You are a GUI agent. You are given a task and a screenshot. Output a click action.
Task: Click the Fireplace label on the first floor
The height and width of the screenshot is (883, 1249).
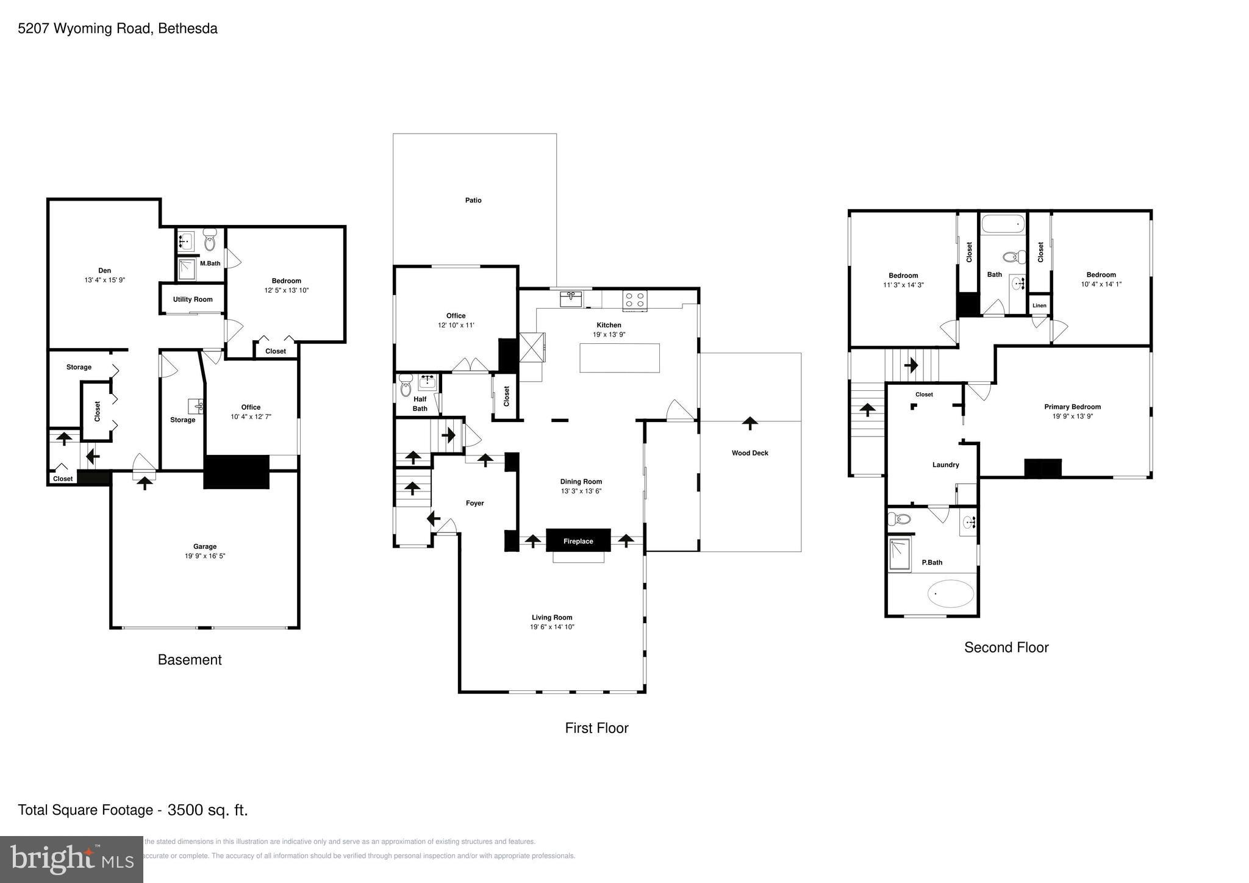(x=578, y=541)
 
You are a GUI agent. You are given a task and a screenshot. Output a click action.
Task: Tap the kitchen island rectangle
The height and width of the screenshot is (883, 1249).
(x=619, y=358)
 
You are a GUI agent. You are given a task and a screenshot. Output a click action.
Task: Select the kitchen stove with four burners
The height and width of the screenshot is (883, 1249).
(x=634, y=300)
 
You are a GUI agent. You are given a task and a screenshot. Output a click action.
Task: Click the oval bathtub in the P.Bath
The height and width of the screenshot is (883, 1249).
(x=950, y=593)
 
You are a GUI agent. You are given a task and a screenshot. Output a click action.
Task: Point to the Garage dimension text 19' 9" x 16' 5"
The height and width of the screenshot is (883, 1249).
(x=205, y=556)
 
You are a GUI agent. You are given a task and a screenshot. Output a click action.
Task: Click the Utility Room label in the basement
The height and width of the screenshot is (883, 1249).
(x=193, y=299)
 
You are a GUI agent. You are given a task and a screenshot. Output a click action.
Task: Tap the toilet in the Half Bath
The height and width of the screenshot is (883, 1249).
(x=406, y=386)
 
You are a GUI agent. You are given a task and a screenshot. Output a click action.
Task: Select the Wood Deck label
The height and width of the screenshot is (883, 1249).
(x=750, y=453)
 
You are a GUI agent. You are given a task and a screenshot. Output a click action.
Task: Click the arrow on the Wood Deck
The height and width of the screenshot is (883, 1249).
(x=750, y=423)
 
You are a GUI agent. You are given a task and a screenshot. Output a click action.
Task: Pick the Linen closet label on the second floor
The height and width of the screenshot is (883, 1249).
(x=1039, y=306)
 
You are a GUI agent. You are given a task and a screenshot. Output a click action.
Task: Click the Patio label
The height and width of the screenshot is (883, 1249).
(x=473, y=200)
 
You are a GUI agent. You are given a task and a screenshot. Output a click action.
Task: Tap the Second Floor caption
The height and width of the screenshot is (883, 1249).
(x=1006, y=648)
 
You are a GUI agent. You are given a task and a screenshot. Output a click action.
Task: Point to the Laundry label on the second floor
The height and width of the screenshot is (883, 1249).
(x=945, y=465)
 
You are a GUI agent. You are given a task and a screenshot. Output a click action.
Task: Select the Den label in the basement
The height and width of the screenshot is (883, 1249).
(x=105, y=271)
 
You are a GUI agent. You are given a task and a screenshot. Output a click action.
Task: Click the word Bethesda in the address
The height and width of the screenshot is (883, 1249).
(x=188, y=29)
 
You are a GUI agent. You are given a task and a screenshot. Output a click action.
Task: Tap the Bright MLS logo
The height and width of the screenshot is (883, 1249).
(x=71, y=859)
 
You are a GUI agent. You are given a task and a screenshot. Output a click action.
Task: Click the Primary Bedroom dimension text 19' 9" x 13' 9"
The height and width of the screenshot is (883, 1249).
(x=1072, y=416)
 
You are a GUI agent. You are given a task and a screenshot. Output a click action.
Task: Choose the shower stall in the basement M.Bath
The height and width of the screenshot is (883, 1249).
(x=185, y=269)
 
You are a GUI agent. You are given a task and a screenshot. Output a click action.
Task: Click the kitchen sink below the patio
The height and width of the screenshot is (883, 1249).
(x=571, y=299)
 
